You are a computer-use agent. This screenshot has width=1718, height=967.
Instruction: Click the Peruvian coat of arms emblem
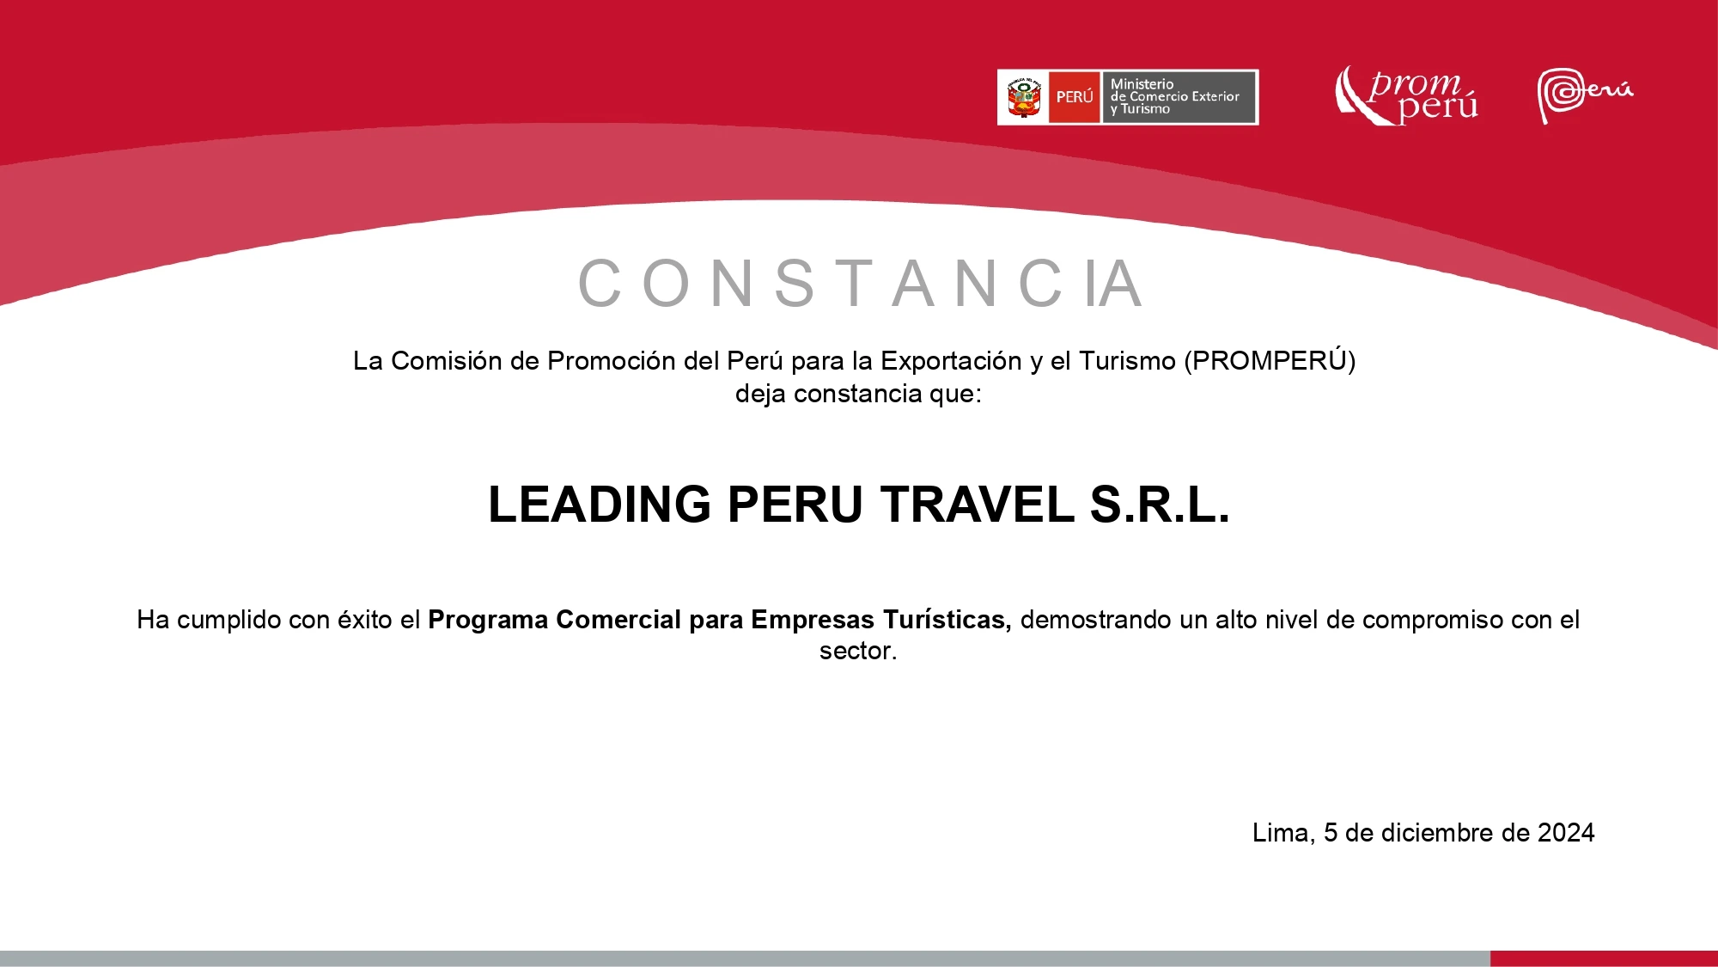1024,97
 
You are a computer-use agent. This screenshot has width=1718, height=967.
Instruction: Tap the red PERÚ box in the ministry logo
1075,97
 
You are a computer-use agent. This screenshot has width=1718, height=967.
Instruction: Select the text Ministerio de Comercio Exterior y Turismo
1174,96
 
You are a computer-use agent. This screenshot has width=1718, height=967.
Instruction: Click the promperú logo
1407,95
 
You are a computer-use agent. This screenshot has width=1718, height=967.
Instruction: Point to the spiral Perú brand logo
1585,95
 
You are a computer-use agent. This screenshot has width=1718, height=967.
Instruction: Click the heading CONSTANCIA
861,283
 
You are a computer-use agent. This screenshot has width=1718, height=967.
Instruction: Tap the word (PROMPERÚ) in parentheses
1270,360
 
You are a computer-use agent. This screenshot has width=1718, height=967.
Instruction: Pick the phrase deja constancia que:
858,394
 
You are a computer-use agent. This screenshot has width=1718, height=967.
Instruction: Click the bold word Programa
488,620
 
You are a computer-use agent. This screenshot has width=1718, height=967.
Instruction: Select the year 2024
1566,833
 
